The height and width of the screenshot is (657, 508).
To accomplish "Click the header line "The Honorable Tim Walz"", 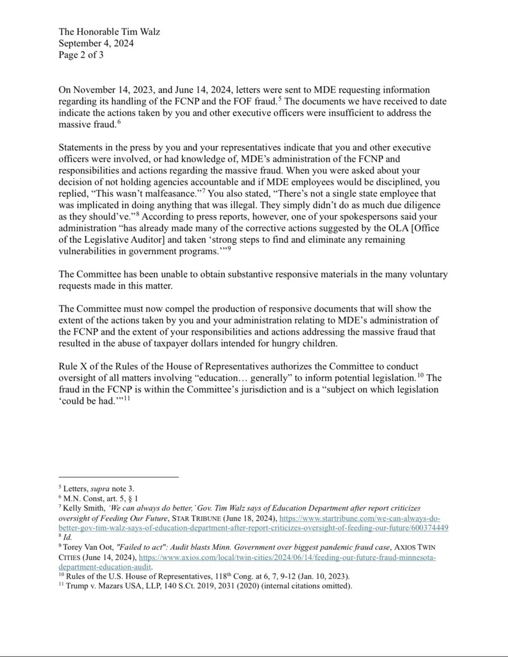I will [109, 32].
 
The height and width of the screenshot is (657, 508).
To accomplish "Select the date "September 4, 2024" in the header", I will [96, 44].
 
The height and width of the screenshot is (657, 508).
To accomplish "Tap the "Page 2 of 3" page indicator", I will [81, 55].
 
